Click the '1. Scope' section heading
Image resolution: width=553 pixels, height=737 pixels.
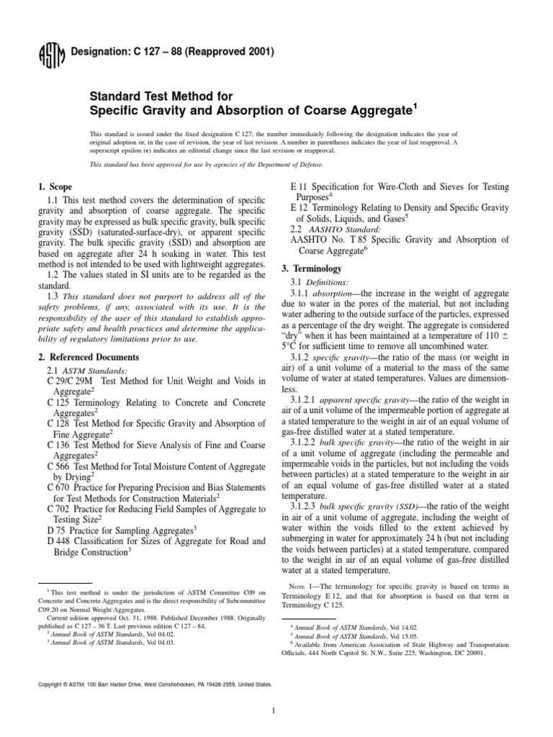point(56,186)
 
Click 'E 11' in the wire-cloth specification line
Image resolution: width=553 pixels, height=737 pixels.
point(297,187)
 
